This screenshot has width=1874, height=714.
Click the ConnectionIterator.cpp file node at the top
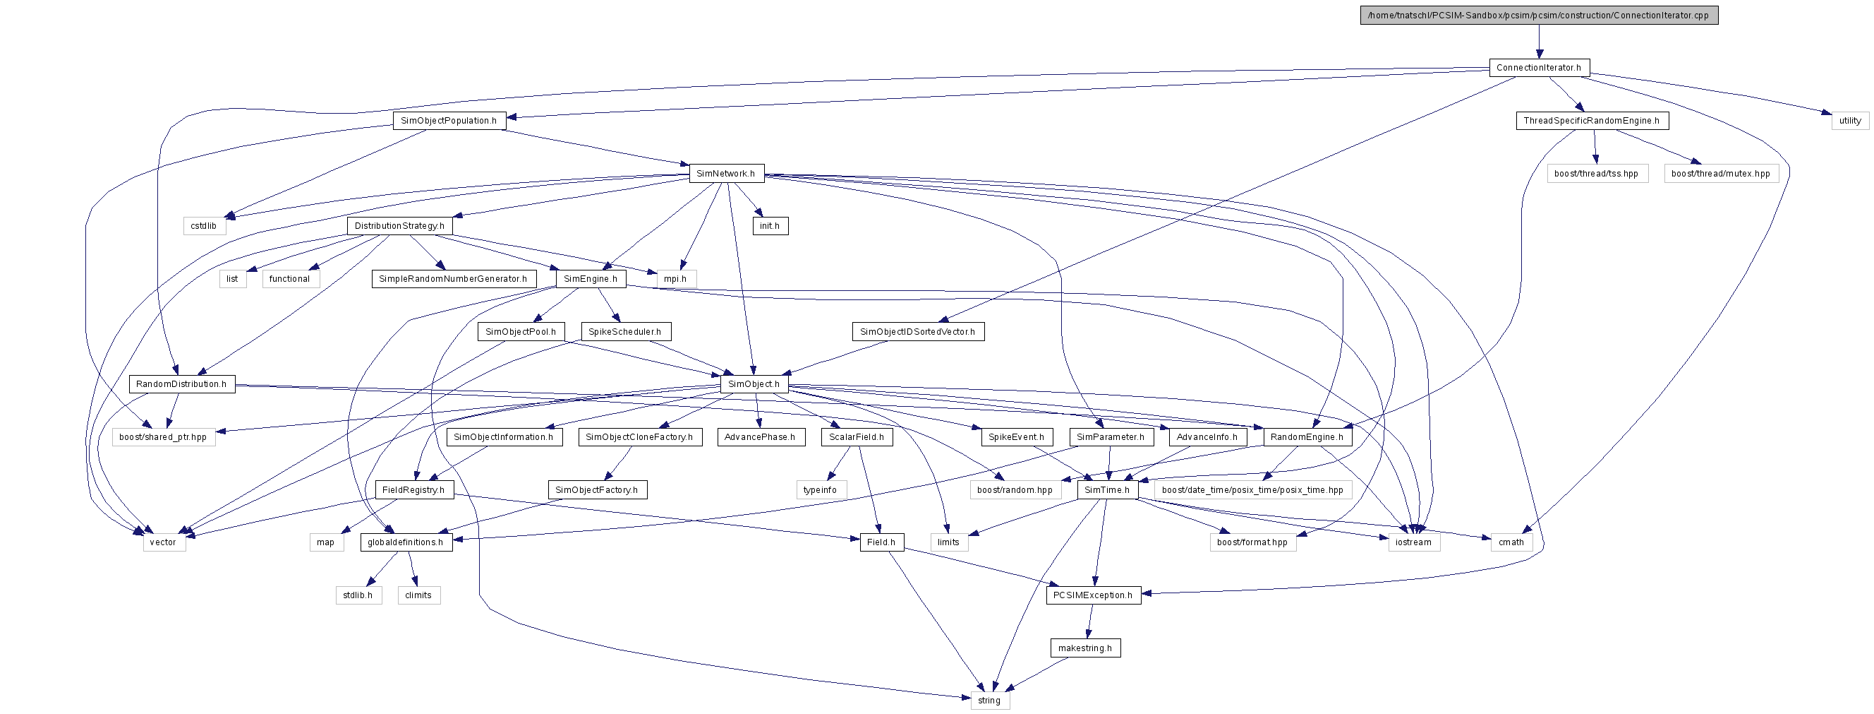(1539, 16)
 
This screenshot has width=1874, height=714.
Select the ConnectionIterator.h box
(1539, 68)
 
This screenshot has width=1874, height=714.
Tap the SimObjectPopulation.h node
(449, 121)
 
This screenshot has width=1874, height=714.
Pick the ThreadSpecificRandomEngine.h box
(1592, 121)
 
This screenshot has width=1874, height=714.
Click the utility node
(1850, 121)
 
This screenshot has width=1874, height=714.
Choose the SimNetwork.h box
(726, 173)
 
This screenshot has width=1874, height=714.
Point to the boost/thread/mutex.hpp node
(1720, 173)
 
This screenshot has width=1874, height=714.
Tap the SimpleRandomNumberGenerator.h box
(453, 279)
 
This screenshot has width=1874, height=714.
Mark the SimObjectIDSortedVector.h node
(917, 332)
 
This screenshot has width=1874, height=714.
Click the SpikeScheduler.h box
(625, 332)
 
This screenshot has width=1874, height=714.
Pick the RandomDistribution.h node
(181, 384)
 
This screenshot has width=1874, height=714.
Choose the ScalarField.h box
(857, 436)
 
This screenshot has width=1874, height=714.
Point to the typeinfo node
(821, 490)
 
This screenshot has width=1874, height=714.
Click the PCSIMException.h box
(1093, 595)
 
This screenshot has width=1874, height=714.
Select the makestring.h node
(1085, 648)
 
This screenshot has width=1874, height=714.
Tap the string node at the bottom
(989, 700)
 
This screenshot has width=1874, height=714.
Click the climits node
(418, 595)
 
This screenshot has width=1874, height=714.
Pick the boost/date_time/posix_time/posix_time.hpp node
(1252, 490)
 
